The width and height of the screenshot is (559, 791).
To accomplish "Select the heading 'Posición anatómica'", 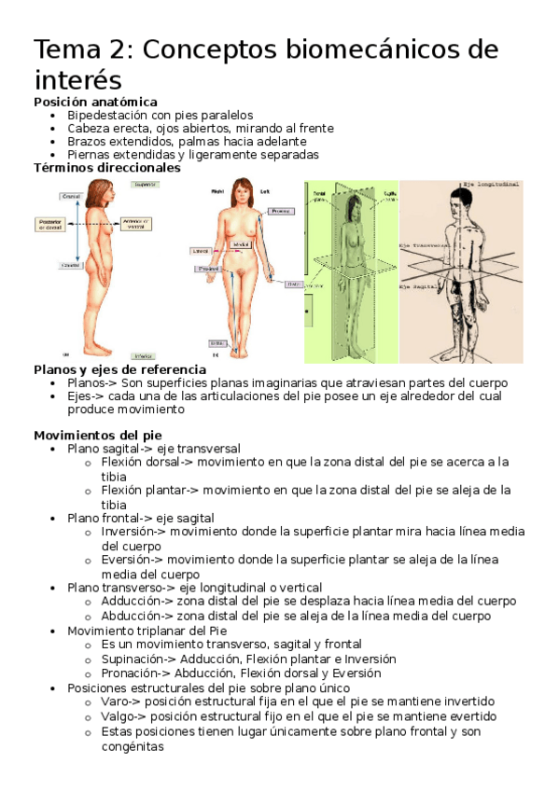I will [95, 102].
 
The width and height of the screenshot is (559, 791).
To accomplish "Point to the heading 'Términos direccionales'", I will [107, 168].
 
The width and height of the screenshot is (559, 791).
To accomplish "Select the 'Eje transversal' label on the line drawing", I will [426, 245].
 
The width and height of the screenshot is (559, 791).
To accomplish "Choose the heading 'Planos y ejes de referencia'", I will [119, 369].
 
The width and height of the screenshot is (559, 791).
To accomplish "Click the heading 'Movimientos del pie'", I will [98, 435].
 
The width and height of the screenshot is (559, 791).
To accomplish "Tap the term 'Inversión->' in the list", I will [133, 531].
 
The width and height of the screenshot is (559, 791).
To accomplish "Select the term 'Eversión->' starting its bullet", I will [132, 559].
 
